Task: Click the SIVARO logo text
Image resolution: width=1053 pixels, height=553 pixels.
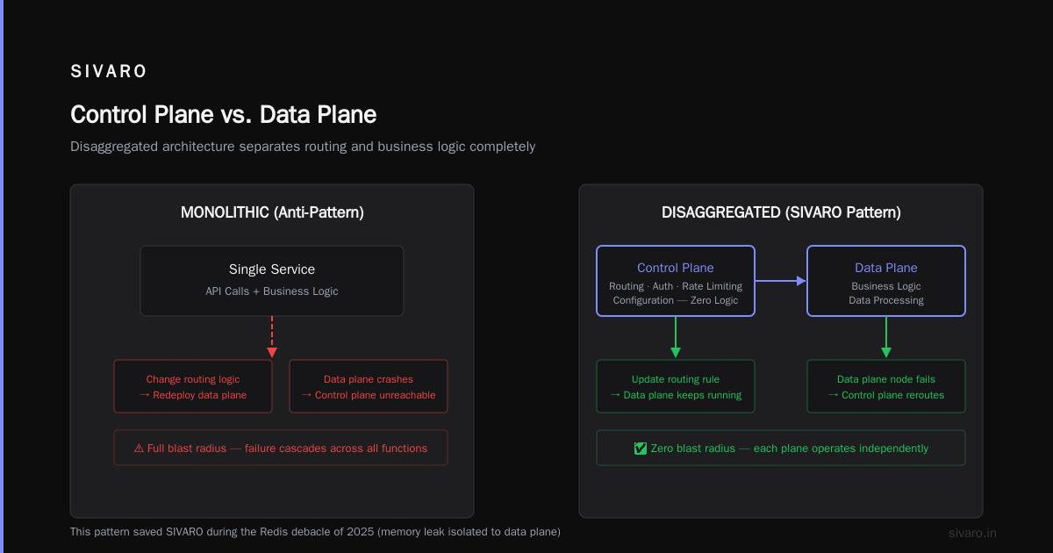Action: click(x=108, y=71)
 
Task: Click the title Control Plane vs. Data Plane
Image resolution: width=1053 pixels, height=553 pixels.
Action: click(x=223, y=115)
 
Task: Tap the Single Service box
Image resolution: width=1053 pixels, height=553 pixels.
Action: click(x=272, y=281)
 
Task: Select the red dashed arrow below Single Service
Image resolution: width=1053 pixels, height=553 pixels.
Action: click(x=272, y=337)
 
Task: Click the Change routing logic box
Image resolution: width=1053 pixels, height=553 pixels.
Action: click(x=193, y=386)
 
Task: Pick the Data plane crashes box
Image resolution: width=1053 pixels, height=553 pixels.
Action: click(x=369, y=386)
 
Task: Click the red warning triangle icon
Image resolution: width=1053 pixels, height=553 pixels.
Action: click(x=139, y=449)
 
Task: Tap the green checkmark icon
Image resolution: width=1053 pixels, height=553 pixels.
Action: click(x=641, y=449)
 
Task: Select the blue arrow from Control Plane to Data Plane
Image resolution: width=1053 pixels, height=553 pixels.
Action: click(x=780, y=281)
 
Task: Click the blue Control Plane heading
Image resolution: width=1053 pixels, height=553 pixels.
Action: click(x=675, y=268)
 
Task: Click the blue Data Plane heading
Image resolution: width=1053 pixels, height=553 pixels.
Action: click(x=885, y=268)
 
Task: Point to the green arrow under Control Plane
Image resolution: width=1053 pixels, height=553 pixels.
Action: click(x=676, y=337)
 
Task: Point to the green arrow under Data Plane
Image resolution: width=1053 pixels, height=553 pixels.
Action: click(x=886, y=337)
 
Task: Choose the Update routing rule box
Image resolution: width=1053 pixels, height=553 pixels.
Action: click(x=676, y=386)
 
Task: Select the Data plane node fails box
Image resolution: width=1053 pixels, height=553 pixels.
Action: click(x=886, y=386)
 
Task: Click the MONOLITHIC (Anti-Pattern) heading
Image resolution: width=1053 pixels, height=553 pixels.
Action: click(x=272, y=212)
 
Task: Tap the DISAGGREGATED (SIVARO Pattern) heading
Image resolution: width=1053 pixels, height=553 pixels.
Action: click(x=781, y=212)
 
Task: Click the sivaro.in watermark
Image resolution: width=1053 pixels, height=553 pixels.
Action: click(x=972, y=533)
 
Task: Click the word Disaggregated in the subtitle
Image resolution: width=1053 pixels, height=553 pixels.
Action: click(x=113, y=147)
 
